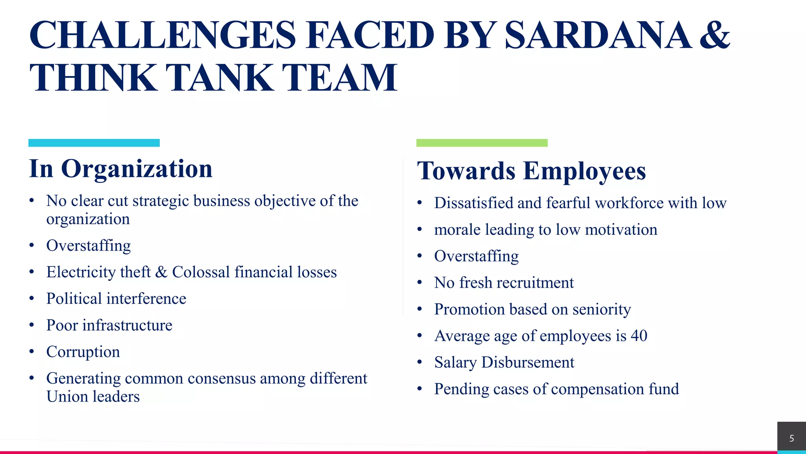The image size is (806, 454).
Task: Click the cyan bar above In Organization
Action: click(x=94, y=143)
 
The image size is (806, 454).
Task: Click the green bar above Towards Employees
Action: click(x=482, y=143)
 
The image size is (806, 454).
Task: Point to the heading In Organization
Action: click(x=120, y=169)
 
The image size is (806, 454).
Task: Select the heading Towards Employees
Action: click(x=531, y=171)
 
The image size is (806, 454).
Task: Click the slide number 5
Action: click(x=791, y=438)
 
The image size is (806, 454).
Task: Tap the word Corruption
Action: click(x=83, y=352)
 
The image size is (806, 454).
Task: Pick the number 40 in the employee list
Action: click(x=639, y=336)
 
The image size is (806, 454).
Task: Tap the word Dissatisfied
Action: click(x=473, y=203)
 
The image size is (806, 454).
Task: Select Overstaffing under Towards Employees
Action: click(x=476, y=256)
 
